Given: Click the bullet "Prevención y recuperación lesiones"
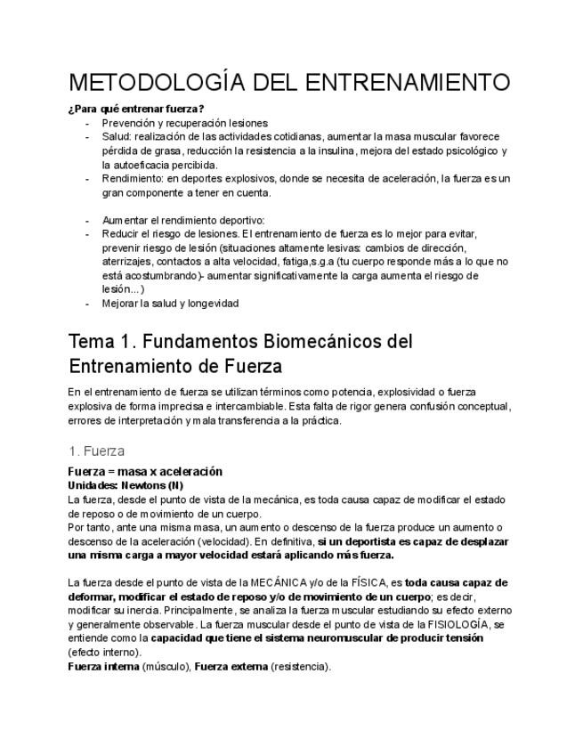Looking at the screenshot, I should [x=184, y=123].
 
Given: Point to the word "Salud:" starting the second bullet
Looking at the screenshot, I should [x=117, y=137].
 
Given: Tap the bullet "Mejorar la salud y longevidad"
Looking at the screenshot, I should [x=171, y=303].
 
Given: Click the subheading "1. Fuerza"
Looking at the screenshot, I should [x=96, y=451].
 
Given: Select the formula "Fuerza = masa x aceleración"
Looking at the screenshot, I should [x=145, y=471].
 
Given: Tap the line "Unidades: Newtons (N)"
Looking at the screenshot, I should [x=126, y=485].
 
